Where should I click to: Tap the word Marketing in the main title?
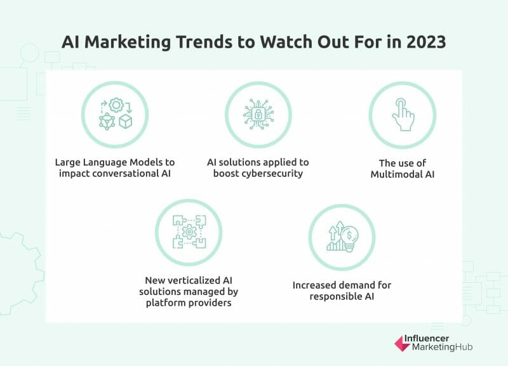point(135,44)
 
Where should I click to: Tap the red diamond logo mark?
point(402,343)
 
